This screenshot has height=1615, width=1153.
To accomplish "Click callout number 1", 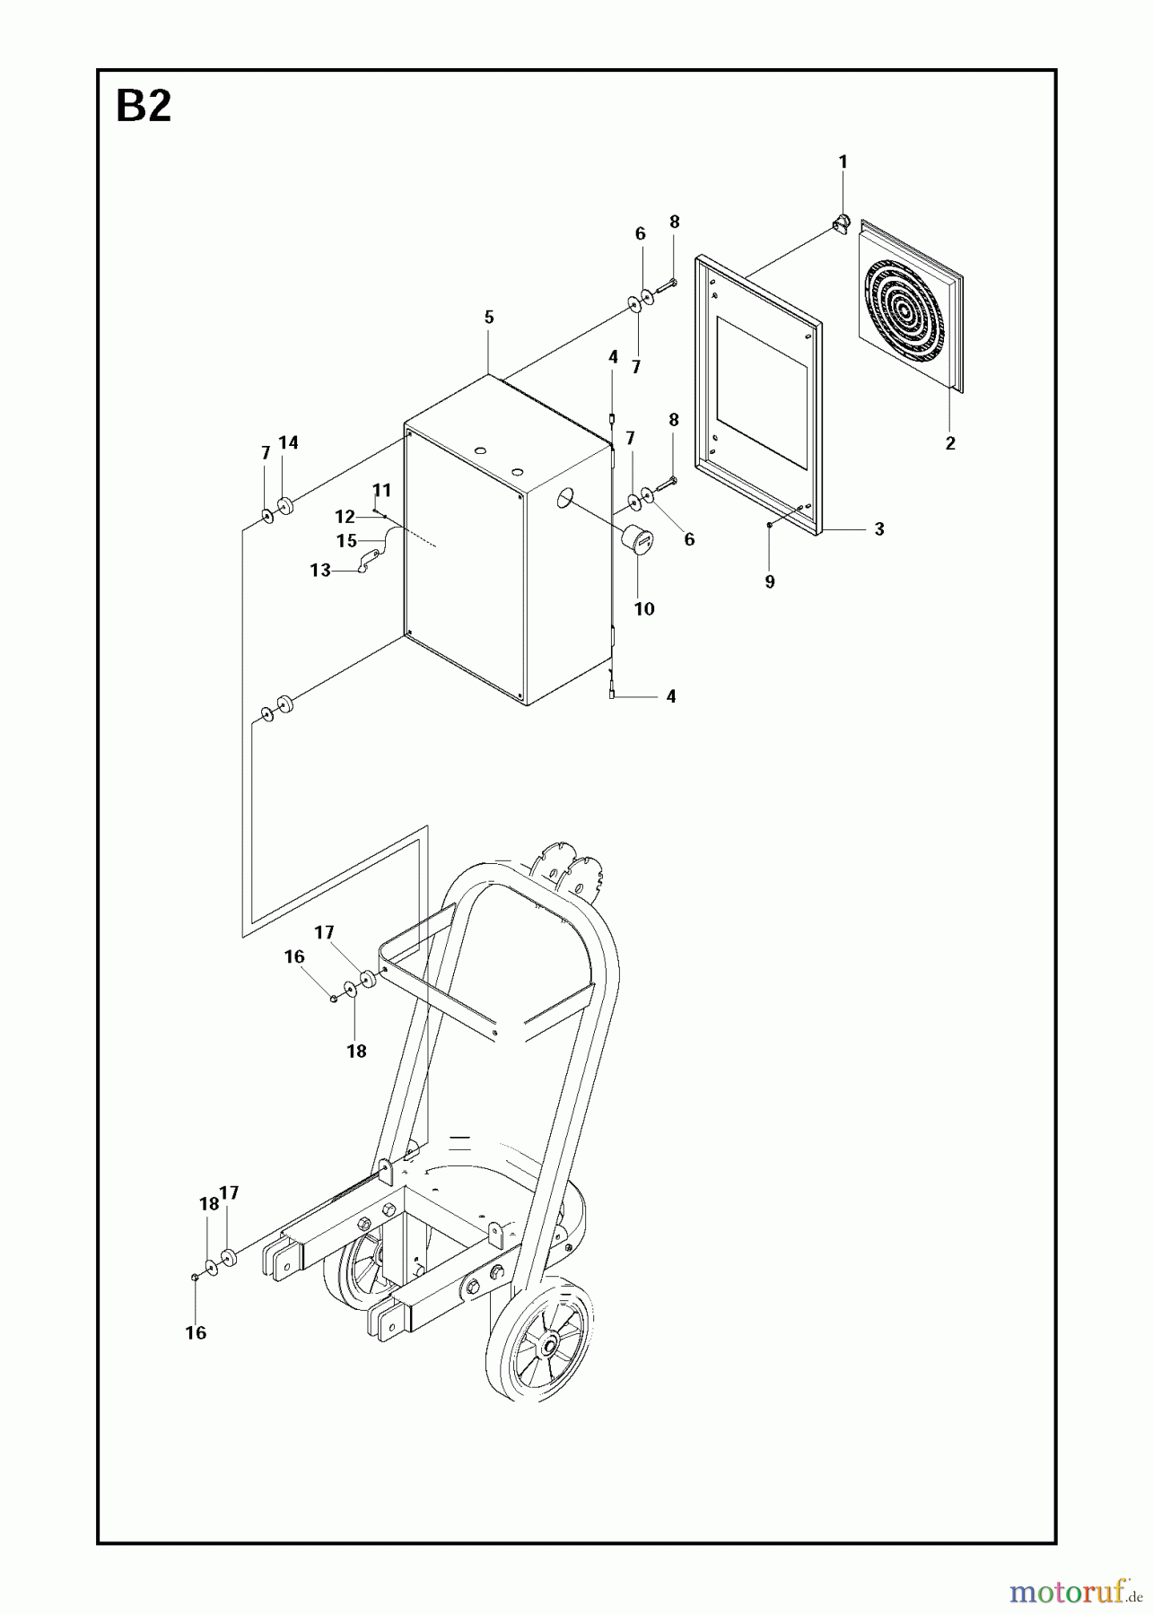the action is pos(843,161).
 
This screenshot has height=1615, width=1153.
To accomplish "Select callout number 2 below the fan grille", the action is pos(950,442).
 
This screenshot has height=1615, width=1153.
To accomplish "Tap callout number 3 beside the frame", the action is pos(879,529).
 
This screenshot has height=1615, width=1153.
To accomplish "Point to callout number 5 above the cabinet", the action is pos(489,317).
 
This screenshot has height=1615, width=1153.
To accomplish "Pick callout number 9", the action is pos(770,581).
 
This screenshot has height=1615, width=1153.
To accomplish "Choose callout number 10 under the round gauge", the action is pos(644,608).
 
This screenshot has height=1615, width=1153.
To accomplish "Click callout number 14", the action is pos(288,442).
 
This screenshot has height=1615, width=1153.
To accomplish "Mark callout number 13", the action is pos(320,570).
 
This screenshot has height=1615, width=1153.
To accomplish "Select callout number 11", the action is pos(382,490).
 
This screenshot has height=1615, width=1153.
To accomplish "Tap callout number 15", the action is pos(346,541).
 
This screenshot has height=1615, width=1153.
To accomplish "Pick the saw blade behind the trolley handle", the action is pos(571,867).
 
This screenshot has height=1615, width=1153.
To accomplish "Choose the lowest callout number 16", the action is pos(196,1332).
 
